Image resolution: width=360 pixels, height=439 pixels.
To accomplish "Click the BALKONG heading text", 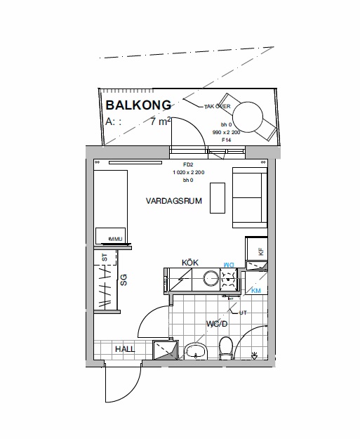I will [x=138, y=106].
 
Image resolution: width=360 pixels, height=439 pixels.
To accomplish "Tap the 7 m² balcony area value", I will [x=161, y=122].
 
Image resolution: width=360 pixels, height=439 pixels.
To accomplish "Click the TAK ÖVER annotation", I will [x=218, y=107].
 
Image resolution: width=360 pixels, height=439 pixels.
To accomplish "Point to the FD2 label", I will [x=187, y=164].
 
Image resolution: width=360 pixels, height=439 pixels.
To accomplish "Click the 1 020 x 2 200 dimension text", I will [x=188, y=172].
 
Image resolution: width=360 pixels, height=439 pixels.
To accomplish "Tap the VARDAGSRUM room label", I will [x=174, y=201].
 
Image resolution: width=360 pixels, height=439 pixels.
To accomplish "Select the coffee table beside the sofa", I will [x=218, y=199].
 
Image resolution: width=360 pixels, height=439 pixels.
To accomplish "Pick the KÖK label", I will [x=190, y=262].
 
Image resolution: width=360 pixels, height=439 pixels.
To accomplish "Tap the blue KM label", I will [x=256, y=290].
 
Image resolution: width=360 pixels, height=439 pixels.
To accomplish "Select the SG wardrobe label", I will [x=123, y=281].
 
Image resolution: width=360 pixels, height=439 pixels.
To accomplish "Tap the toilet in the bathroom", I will [x=226, y=347].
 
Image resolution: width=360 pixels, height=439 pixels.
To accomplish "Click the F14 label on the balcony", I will [x=226, y=140].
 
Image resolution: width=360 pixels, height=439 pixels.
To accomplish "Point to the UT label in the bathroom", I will [x=243, y=313].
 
